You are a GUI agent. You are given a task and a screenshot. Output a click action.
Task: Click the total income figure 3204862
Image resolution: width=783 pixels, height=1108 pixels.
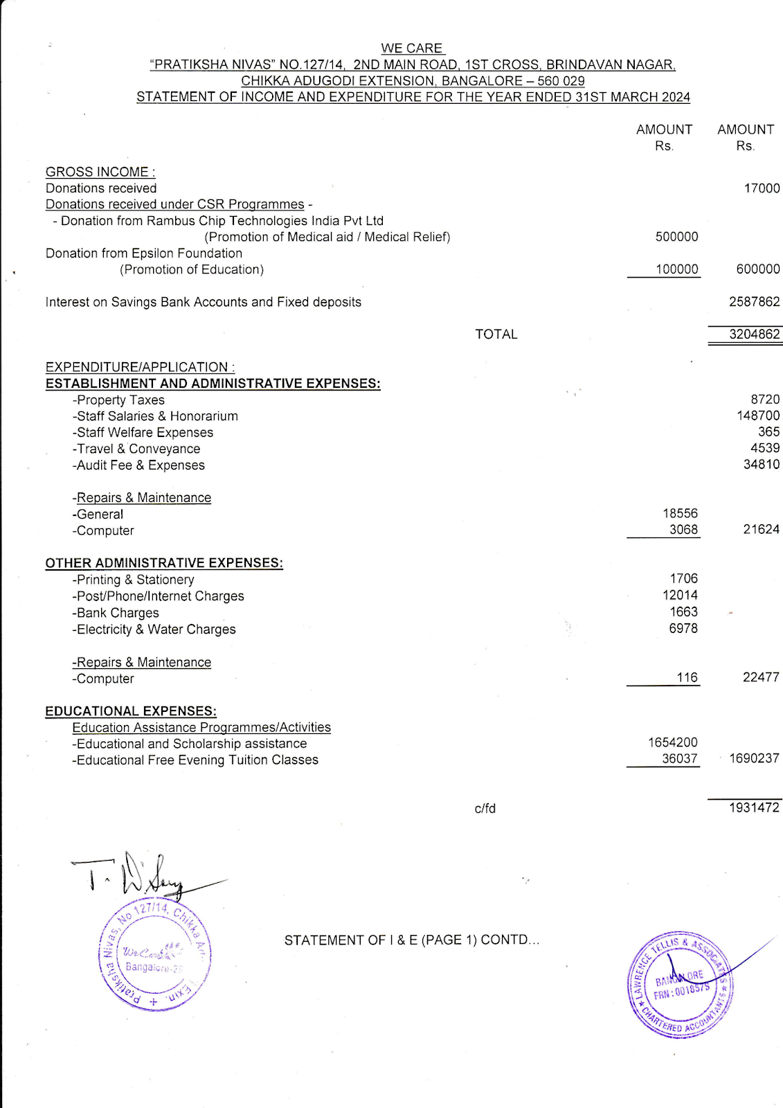(754, 334)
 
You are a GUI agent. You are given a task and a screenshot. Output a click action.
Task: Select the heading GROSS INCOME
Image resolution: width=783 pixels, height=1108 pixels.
(100, 172)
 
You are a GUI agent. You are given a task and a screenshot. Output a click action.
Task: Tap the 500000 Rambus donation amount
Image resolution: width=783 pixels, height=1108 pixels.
(676, 237)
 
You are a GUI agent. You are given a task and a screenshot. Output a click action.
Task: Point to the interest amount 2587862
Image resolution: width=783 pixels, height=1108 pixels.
(754, 302)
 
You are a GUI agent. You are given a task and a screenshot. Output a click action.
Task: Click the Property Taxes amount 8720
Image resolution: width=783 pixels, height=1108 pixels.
(764, 400)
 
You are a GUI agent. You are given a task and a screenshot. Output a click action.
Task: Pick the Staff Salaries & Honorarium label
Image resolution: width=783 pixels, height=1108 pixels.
(155, 416)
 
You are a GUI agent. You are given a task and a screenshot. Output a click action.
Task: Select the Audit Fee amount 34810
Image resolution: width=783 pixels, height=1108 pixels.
(761, 465)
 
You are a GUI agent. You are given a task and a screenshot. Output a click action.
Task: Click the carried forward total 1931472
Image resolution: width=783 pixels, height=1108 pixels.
(754, 807)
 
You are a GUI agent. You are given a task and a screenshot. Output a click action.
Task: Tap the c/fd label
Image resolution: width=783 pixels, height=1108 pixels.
(485, 808)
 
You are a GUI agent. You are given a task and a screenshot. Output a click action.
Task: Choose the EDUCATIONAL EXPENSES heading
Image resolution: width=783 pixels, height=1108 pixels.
(131, 711)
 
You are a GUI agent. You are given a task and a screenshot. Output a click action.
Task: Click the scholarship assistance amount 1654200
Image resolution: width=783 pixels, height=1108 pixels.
(672, 742)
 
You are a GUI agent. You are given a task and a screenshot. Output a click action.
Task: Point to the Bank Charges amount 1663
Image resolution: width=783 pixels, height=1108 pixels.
(683, 612)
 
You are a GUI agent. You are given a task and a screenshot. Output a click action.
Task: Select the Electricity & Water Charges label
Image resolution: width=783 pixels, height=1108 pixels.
(154, 629)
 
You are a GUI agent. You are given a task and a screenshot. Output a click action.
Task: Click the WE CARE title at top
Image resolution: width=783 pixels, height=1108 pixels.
(411, 48)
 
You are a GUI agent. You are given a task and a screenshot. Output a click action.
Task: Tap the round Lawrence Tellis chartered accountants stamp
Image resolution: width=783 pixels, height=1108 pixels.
(681, 984)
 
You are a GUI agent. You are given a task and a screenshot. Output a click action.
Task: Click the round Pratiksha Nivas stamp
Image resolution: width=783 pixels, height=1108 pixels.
(154, 956)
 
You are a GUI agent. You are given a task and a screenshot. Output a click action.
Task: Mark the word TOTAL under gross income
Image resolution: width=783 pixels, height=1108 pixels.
(496, 334)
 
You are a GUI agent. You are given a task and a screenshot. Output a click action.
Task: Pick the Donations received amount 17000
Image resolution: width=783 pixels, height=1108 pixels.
(761, 188)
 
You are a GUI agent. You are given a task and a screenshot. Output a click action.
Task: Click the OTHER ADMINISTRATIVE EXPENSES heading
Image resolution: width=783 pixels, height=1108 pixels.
(164, 563)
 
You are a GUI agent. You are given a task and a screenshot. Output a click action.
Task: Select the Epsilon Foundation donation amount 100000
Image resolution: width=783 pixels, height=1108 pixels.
(676, 269)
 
